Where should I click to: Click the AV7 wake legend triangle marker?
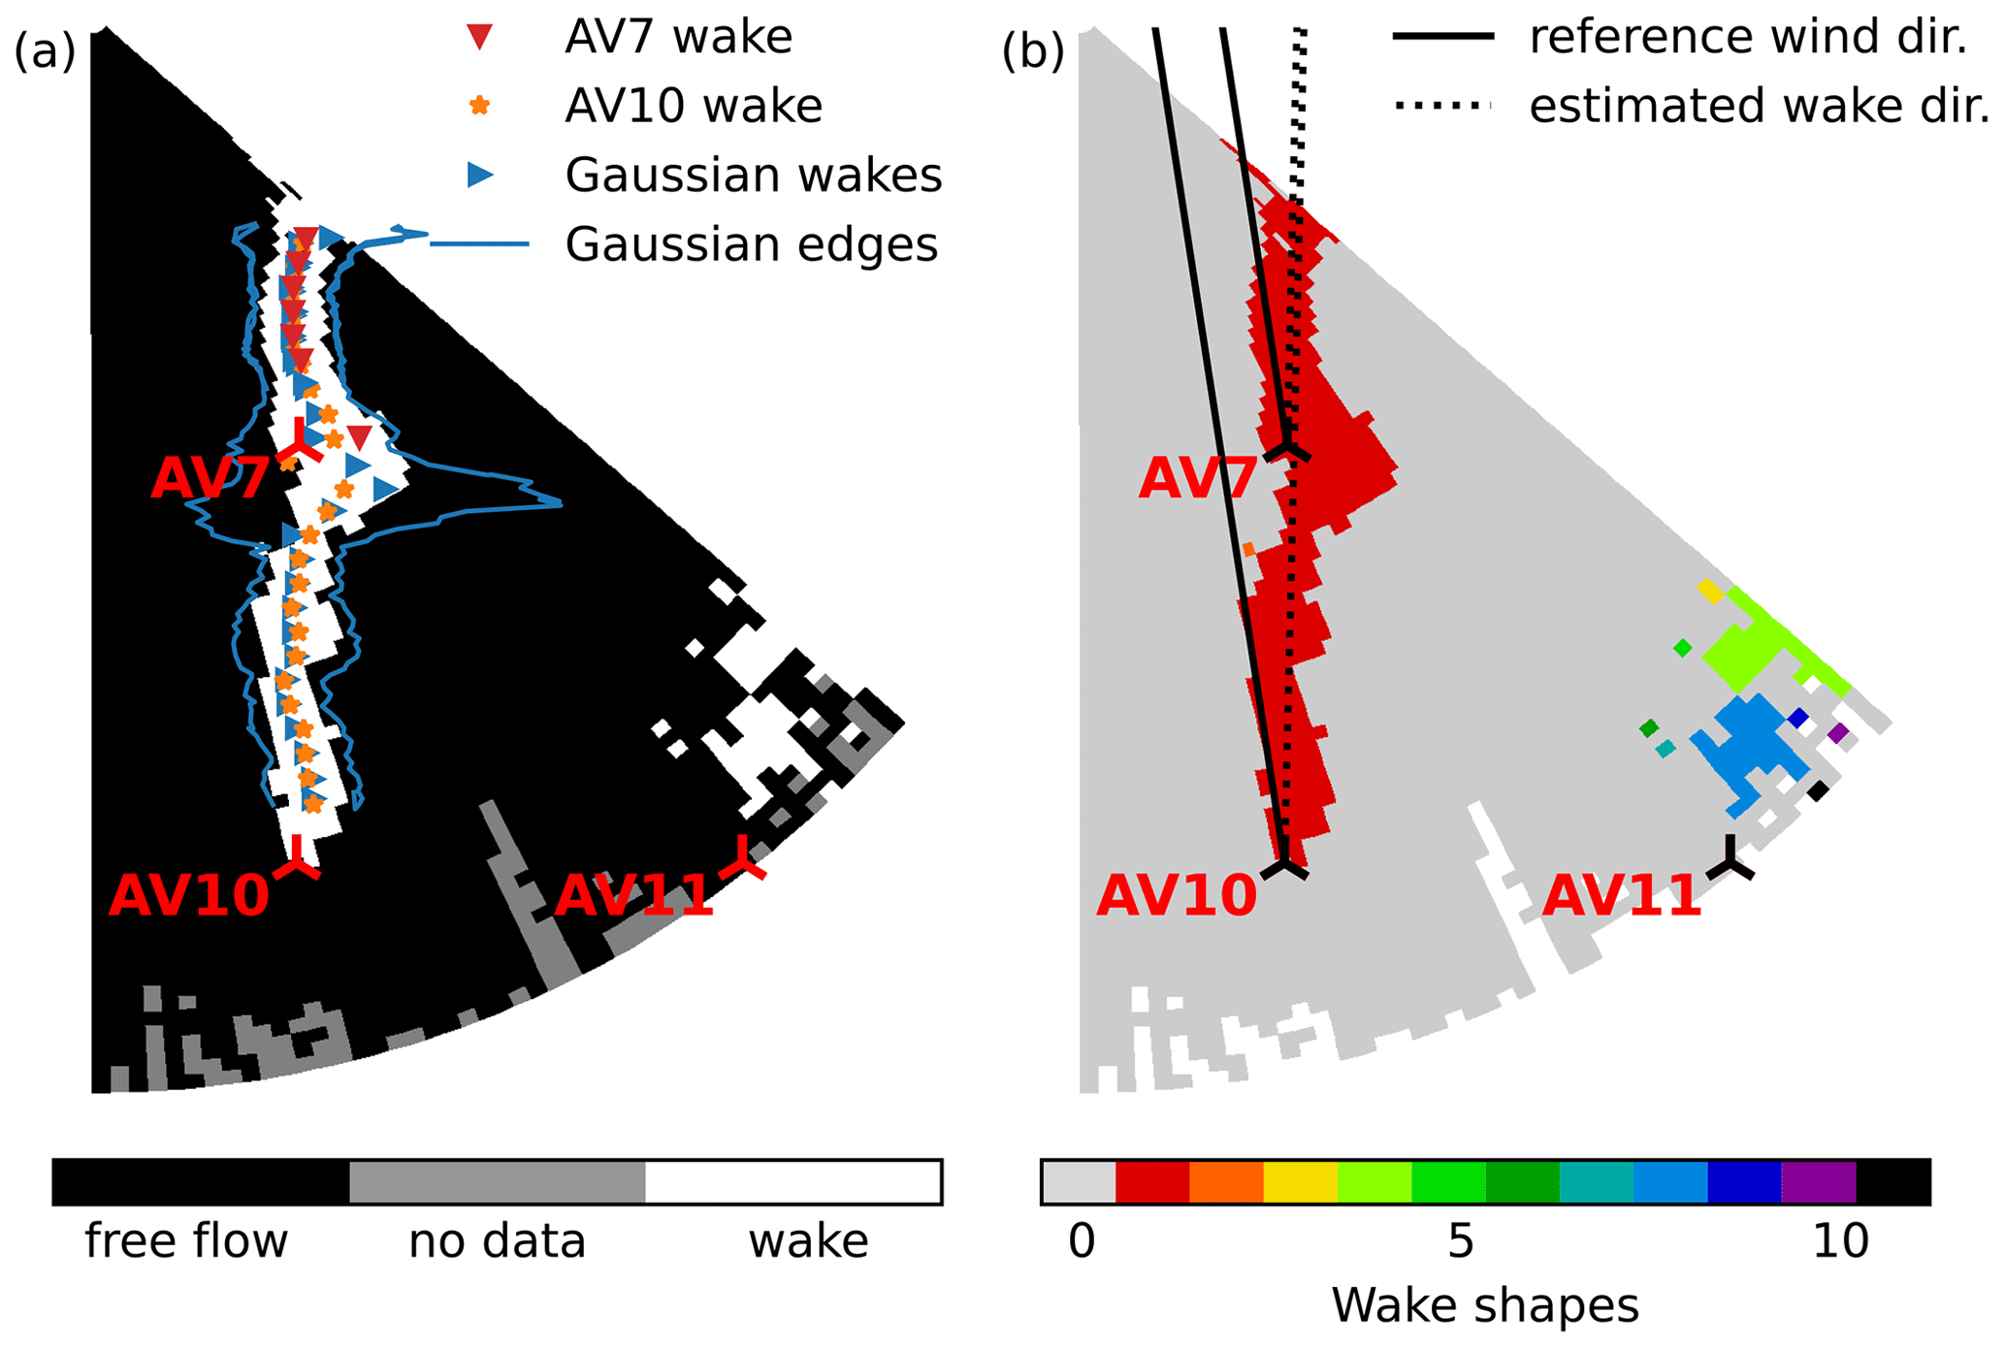tap(479, 37)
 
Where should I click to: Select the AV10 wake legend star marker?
tap(479, 106)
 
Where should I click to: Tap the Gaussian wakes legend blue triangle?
tap(480, 175)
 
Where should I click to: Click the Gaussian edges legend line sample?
tap(479, 243)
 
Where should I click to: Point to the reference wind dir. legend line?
tap(1442, 37)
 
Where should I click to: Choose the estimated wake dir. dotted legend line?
tap(1442, 105)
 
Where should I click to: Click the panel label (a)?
tap(45, 49)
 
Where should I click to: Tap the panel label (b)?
tap(1033, 49)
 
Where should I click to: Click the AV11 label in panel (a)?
tap(633, 894)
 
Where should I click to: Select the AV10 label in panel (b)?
tap(1176, 894)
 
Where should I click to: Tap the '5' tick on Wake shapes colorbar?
tap(1460, 1240)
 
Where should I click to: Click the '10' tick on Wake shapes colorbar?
tap(1840, 1240)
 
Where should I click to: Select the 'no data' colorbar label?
tap(497, 1240)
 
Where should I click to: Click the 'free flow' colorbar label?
tap(186, 1240)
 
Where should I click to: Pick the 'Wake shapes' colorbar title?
tap(1485, 1305)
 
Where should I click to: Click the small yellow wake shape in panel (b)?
tap(1711, 591)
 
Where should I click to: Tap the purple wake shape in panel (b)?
tap(1837, 733)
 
